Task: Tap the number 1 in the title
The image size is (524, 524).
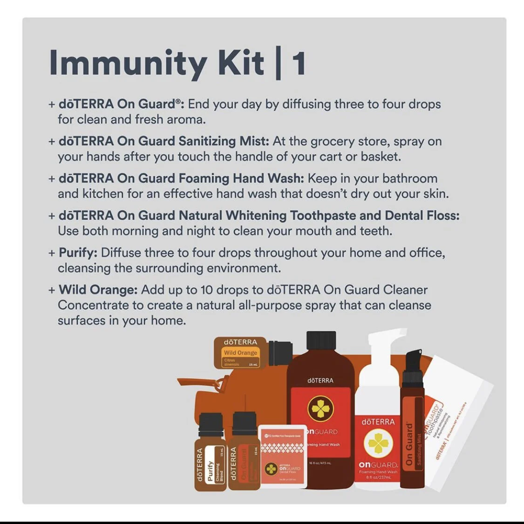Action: point(299,63)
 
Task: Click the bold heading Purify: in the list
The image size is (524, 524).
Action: point(78,253)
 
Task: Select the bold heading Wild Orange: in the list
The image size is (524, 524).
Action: point(98,290)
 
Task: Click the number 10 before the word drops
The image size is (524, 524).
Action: point(206,290)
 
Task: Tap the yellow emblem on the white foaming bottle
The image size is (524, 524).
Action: point(378,443)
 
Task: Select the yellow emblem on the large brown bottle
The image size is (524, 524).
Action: point(320,408)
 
